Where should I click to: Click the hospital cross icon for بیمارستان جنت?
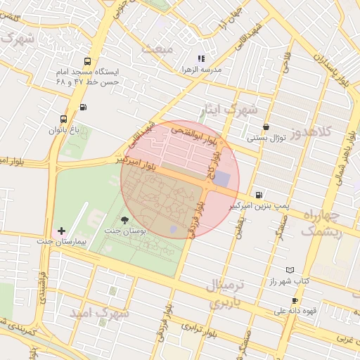tap(61, 231)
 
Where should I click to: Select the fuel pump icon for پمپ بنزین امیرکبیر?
tap(259, 195)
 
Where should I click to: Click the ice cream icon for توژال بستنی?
tap(265, 127)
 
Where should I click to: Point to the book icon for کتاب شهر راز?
tap(290, 270)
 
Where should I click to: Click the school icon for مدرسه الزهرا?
tap(201, 59)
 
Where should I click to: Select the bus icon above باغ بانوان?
tap(64, 119)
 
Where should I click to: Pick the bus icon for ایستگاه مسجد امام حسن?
tap(86, 61)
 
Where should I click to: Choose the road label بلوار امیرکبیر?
tap(136, 163)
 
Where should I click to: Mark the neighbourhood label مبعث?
tap(157, 49)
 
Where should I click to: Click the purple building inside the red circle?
tap(221, 179)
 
